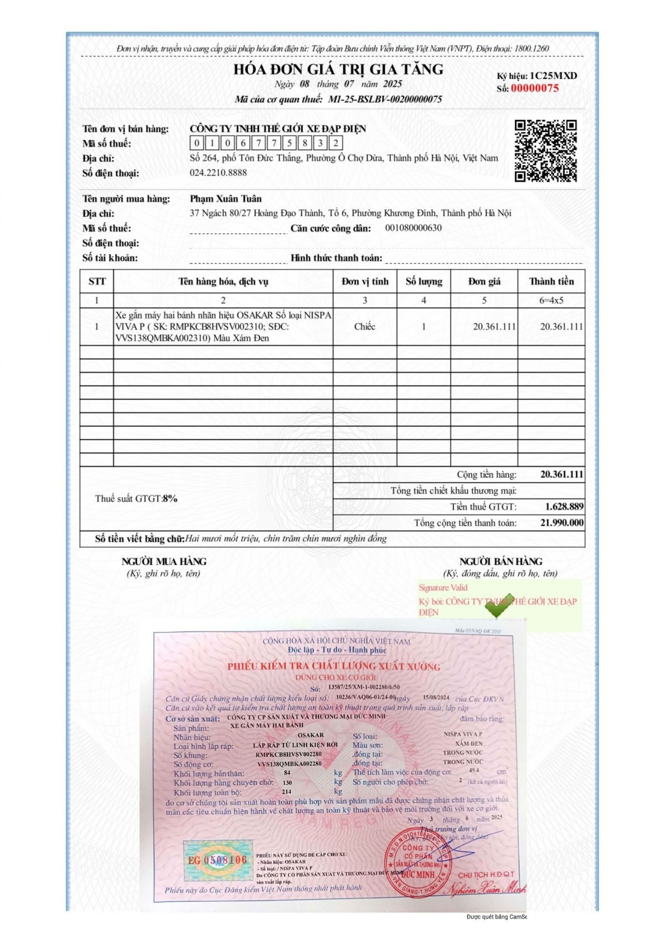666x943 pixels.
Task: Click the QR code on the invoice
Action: coord(546,151)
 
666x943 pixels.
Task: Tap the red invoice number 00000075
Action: coord(534,88)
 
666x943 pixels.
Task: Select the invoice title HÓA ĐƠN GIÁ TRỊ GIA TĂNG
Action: coord(338,69)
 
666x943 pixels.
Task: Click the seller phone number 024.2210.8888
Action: coord(218,172)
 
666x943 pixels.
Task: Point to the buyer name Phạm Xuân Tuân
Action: coord(226,199)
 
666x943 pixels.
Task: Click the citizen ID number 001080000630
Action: coord(413,228)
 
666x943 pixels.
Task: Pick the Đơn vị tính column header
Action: coord(365,282)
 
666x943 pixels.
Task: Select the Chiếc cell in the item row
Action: coord(365,327)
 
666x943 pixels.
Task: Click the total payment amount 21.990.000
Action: coord(562,522)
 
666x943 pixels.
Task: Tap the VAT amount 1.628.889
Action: coord(564,506)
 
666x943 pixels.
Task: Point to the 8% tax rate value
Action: coord(170,499)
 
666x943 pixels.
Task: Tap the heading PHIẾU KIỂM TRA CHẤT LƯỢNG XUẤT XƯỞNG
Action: coord(333,666)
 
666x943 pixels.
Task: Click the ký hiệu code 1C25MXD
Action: coord(553,76)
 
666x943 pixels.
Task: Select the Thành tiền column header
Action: coord(551,282)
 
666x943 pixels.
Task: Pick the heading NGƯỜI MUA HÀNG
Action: coord(164,561)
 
